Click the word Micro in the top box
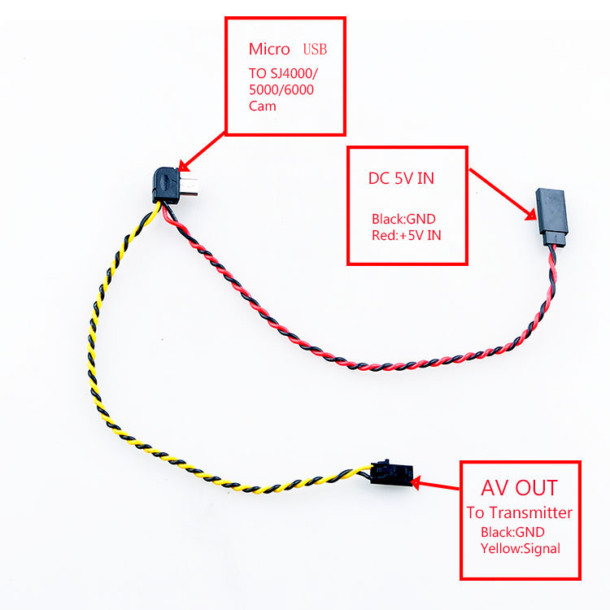(269, 50)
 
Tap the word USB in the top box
(315, 50)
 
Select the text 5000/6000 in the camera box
(281, 89)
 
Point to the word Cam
(263, 107)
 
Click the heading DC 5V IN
(401, 179)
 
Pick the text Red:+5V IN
(407, 235)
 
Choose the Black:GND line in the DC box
(403, 219)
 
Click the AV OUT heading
(520, 488)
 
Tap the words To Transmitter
(520, 512)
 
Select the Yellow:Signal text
(521, 548)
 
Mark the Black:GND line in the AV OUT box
(512, 532)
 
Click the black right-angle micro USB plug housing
(166, 185)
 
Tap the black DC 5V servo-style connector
(551, 217)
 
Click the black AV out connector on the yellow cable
(391, 473)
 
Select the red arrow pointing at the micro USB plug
(202, 152)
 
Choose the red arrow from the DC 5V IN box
(503, 194)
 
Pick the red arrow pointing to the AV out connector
(435, 485)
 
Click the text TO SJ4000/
(283, 73)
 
